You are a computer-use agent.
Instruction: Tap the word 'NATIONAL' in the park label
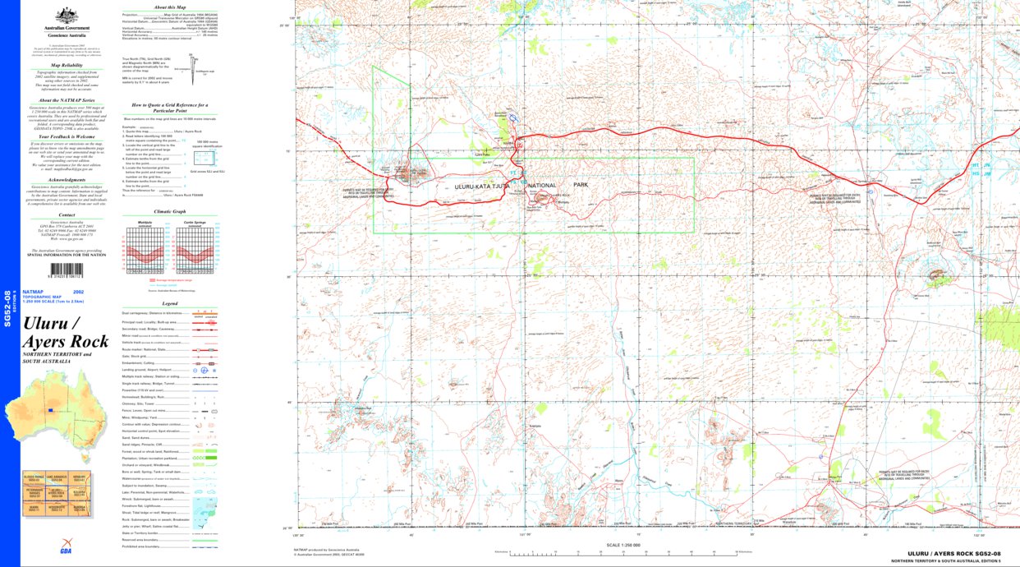pyautogui.click(x=546, y=186)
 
